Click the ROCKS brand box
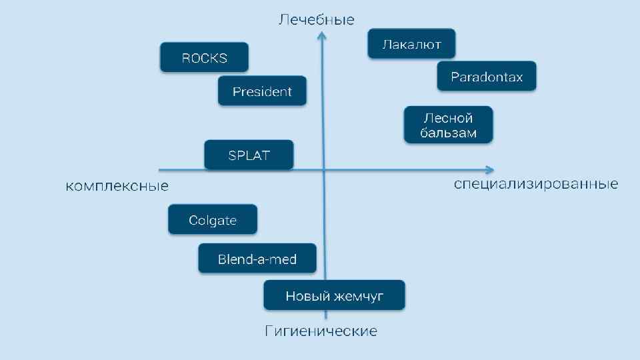coord(204,57)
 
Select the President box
coord(262,91)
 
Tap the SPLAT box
coord(249,155)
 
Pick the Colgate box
coord(213,220)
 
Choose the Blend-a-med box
coord(257,259)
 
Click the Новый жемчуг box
coord(334,295)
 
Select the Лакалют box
coord(411,44)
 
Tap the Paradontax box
coord(487,76)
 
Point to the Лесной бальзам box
coord(449,125)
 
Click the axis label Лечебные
coord(316,20)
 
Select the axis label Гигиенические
coord(321,331)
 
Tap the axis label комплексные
coord(117,186)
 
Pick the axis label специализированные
coord(536,184)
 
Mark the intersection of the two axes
coord(323,170)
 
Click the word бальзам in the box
coord(449,133)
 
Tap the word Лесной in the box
coord(449,118)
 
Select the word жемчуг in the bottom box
coord(359,296)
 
